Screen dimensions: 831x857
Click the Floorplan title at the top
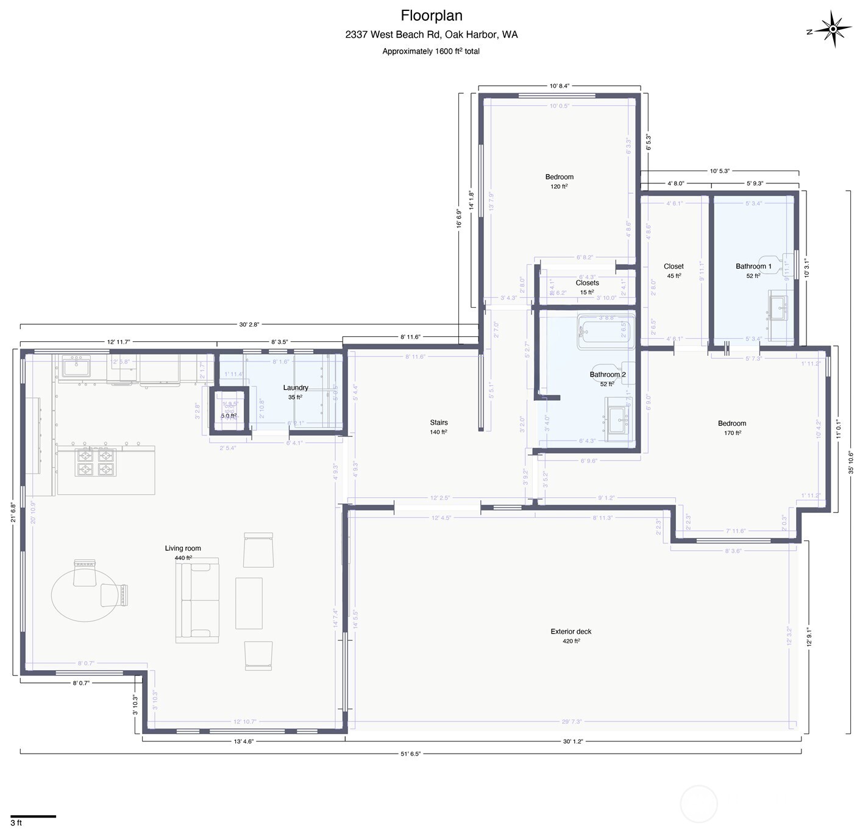tap(431, 15)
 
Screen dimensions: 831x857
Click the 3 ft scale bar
tap(33, 816)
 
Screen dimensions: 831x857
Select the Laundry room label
tap(296, 387)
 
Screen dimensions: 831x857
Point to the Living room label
tap(183, 548)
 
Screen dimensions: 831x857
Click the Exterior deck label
tap(571, 632)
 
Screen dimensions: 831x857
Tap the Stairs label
tap(439, 422)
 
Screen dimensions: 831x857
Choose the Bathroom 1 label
tap(753, 266)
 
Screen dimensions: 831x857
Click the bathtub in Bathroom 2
tap(606, 332)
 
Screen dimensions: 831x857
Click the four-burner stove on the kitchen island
tap(96, 462)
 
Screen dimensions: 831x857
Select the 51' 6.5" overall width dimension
tap(410, 754)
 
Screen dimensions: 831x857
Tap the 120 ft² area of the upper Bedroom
tap(559, 186)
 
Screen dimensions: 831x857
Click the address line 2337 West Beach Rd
tap(431, 35)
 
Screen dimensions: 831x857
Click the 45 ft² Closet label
tap(674, 276)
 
